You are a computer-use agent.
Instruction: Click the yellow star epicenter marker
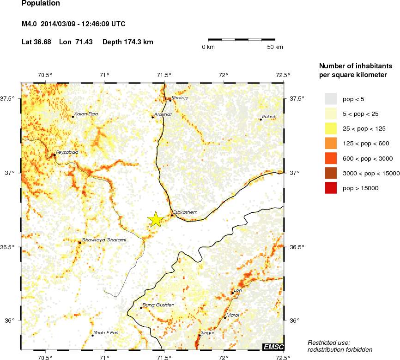156,220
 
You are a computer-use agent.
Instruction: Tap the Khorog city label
180,98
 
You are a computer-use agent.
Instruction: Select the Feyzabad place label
67,152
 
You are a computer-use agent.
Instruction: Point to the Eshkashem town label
185,212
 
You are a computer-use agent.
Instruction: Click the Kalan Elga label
86,114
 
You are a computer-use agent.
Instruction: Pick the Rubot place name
269,116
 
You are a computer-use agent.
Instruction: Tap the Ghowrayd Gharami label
103,240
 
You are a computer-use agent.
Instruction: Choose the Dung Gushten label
158,305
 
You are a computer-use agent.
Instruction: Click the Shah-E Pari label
106,332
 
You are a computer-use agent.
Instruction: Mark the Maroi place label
233,315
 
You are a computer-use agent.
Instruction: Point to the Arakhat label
164,114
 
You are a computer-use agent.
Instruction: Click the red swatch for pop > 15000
331,188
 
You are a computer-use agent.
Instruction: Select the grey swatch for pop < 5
331,99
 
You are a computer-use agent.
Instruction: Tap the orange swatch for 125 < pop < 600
331,144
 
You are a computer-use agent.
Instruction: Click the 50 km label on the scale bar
276,47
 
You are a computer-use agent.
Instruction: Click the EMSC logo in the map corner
273,347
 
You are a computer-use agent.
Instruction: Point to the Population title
41,4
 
